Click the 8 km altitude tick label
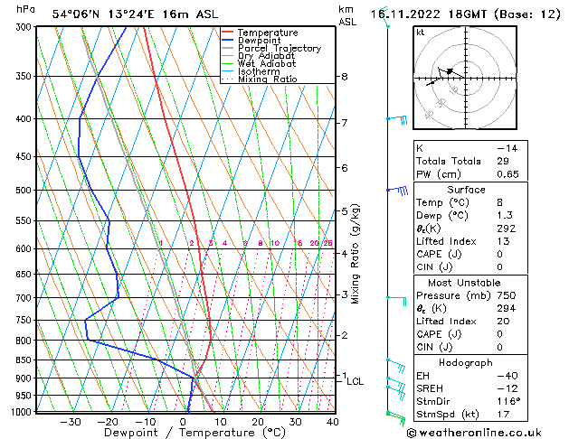[345, 77]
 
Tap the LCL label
[355, 381]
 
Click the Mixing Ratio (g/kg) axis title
[356, 254]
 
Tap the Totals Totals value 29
[504, 161]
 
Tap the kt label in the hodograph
[421, 32]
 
